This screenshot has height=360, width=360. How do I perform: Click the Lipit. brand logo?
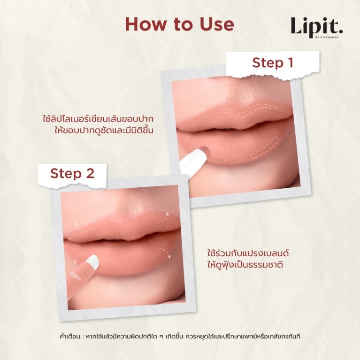tap(316, 26)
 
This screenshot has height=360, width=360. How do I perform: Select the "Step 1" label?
tap(273, 62)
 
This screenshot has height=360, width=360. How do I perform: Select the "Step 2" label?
tap(72, 173)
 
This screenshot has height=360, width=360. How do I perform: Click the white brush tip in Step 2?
tap(92, 261)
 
